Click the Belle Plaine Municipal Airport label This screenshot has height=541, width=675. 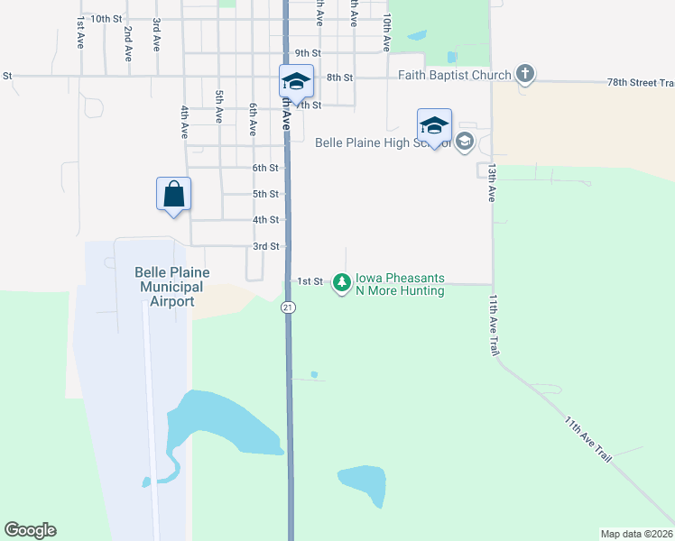(x=171, y=287)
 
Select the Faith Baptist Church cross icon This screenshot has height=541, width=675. (x=526, y=75)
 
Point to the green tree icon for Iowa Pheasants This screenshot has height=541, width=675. (x=342, y=283)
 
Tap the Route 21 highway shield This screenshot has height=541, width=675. (x=288, y=307)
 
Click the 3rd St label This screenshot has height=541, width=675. (x=265, y=246)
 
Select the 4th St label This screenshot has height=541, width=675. (x=265, y=220)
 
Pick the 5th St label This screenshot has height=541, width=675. (x=265, y=194)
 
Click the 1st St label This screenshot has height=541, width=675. (x=310, y=281)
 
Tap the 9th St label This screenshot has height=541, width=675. (x=308, y=53)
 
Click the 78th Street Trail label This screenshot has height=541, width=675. (x=641, y=83)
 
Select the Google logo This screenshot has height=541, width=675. (x=30, y=530)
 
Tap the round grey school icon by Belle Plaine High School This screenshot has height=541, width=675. (x=465, y=142)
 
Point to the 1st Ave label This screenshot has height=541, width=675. (x=80, y=32)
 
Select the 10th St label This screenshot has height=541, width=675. (x=106, y=18)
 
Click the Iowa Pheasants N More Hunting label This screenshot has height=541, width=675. (x=400, y=285)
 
